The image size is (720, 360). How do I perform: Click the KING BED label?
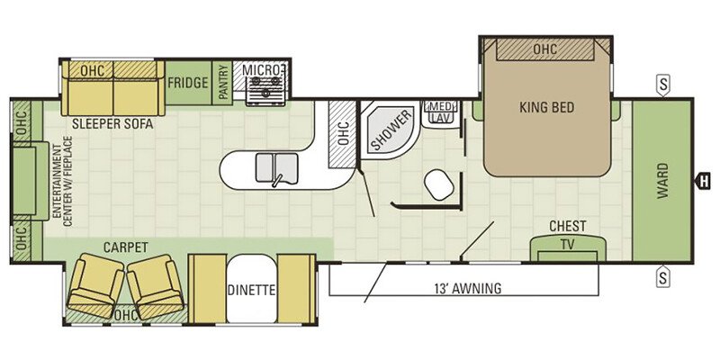[x=546, y=108]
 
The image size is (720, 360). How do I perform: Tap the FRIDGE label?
[x=188, y=83]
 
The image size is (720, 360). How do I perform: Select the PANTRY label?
[x=222, y=82]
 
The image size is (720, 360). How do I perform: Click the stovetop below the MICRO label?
[x=265, y=91]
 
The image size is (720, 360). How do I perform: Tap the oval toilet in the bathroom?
[x=439, y=184]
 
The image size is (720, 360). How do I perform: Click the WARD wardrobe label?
[x=662, y=181]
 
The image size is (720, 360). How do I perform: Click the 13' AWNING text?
[x=467, y=289]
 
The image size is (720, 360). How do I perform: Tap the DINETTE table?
[x=251, y=289]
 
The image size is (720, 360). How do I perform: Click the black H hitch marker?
[x=703, y=181]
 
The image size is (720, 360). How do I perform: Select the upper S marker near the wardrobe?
[x=662, y=85]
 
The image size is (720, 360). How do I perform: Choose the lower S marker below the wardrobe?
[x=662, y=277]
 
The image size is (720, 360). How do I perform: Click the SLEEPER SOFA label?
[x=112, y=124]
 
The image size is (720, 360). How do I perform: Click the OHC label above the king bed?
[x=545, y=49]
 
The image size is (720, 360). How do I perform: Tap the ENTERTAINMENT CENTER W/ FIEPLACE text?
[x=63, y=182]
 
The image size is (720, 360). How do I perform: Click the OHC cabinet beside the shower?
[x=342, y=133]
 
